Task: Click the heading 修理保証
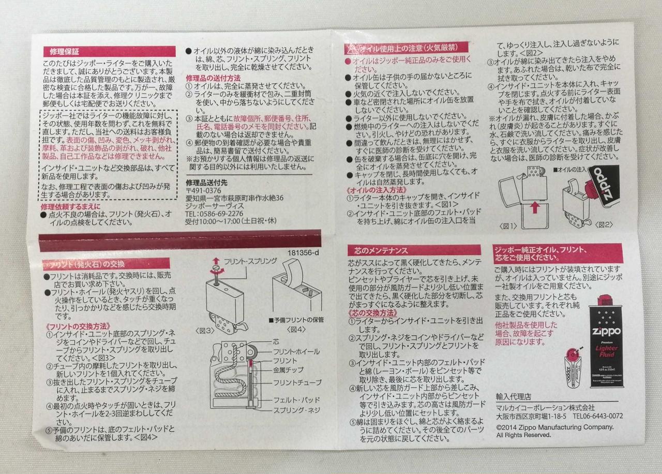click(65, 52)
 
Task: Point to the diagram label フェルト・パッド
click(297, 400)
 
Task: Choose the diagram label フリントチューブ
click(297, 383)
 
